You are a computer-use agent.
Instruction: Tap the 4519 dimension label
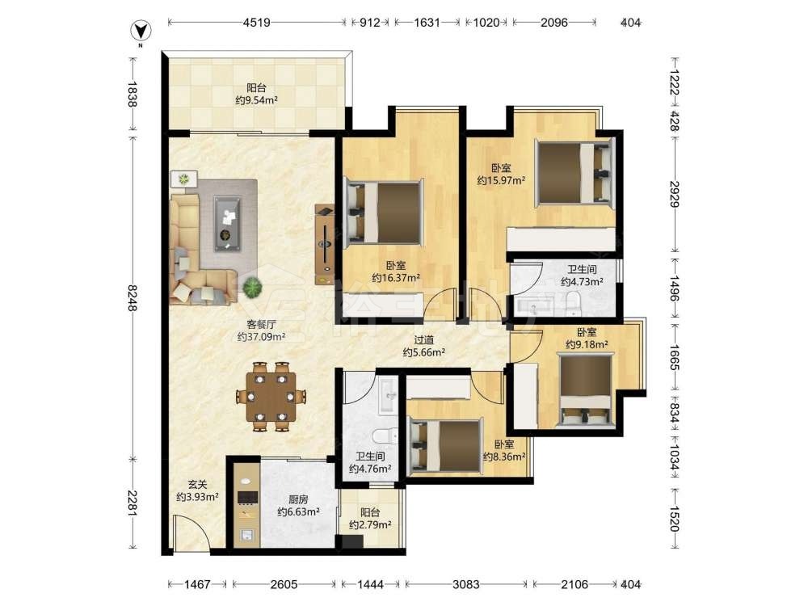[x=257, y=22]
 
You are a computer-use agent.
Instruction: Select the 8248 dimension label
[x=132, y=298]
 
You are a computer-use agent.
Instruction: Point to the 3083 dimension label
[x=466, y=584]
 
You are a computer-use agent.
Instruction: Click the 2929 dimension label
[x=675, y=194]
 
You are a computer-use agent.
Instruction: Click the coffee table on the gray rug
[x=228, y=224]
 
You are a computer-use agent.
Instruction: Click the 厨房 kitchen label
[x=298, y=499]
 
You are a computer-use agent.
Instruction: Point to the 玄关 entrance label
[x=197, y=484]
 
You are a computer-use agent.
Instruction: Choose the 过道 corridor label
[x=423, y=340]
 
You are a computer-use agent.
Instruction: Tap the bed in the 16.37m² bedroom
[x=385, y=211]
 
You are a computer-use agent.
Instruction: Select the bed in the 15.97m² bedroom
[x=575, y=172]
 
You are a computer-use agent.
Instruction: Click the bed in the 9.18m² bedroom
[x=587, y=389]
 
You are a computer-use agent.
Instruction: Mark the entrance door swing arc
[x=196, y=520]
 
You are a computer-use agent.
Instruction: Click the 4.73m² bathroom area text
[x=582, y=282]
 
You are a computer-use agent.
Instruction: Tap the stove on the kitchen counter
[x=246, y=497]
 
